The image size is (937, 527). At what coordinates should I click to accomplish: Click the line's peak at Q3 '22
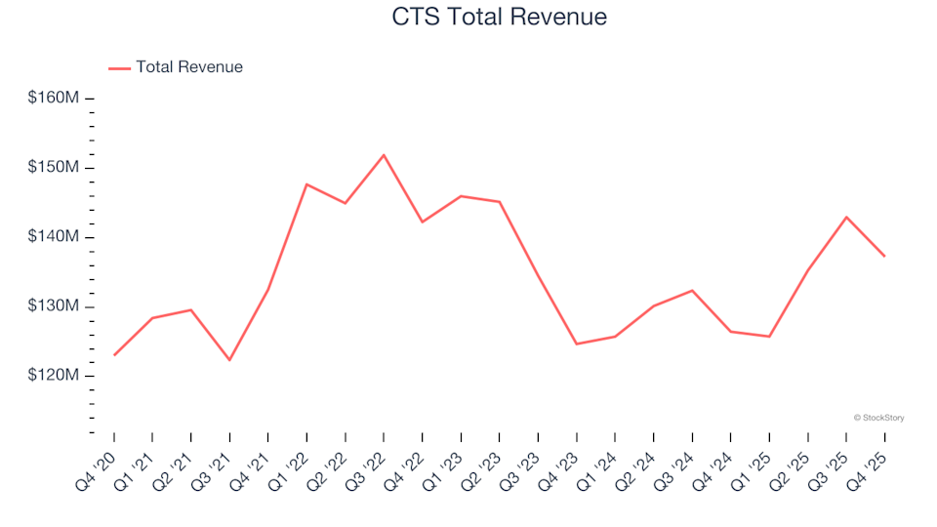point(384,155)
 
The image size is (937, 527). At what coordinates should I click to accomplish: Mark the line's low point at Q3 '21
point(229,360)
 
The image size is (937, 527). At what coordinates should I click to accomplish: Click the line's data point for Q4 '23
point(577,344)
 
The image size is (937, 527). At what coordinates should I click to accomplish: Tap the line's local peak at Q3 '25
point(846,217)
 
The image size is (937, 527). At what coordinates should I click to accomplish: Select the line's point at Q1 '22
point(306,184)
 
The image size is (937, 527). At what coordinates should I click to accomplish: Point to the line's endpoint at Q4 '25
point(884,256)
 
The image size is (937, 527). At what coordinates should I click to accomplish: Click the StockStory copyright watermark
point(878,418)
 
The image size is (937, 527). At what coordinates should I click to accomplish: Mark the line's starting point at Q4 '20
point(114,355)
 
